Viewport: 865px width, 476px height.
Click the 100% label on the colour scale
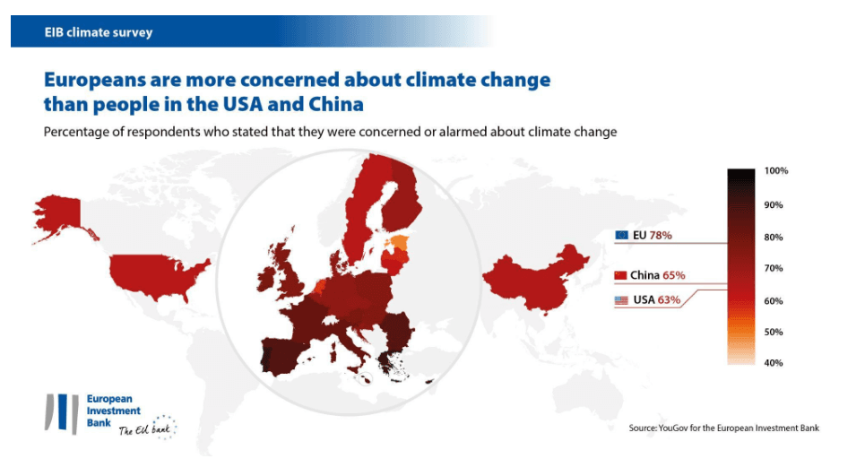pos(775,170)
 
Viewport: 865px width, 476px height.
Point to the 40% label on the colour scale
pos(774,363)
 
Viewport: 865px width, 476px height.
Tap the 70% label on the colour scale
pos(774,268)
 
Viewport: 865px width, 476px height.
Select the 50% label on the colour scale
pos(774,332)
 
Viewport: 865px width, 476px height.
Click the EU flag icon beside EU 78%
pos(622,235)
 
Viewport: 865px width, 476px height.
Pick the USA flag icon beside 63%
pos(621,300)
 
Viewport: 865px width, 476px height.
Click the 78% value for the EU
pos(662,235)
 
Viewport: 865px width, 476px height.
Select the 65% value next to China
pos(675,275)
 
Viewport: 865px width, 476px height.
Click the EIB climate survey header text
pos(99,32)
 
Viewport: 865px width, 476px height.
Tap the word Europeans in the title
pos(106,80)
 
